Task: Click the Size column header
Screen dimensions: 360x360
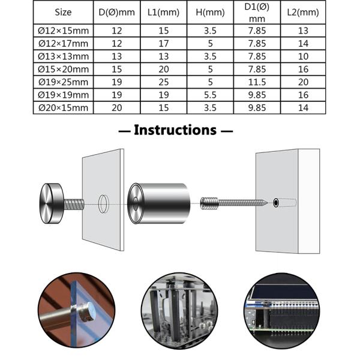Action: point(63,12)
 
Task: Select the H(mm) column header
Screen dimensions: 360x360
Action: point(210,12)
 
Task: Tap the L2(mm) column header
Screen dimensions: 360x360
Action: point(303,12)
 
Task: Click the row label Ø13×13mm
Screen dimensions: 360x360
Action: point(63,56)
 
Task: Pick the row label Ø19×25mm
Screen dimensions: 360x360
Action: point(63,82)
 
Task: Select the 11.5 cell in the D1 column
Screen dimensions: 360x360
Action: point(257,82)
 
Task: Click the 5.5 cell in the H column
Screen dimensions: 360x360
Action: point(210,95)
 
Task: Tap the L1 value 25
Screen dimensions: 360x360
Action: point(163,82)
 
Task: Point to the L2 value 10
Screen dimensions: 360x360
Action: point(303,56)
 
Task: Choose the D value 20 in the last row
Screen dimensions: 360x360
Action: point(116,107)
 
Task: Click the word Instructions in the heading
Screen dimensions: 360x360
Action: point(175,130)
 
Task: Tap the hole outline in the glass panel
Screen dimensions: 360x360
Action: point(104,204)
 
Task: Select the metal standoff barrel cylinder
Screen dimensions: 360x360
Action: point(159,203)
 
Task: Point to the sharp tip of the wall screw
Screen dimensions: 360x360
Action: point(268,203)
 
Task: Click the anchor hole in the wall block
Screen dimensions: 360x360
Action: point(276,203)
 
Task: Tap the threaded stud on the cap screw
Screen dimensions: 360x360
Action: point(74,205)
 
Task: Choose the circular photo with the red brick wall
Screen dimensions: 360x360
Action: point(76,311)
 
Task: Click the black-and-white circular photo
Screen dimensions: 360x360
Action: point(179,311)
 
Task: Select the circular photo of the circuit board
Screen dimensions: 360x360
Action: point(282,311)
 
